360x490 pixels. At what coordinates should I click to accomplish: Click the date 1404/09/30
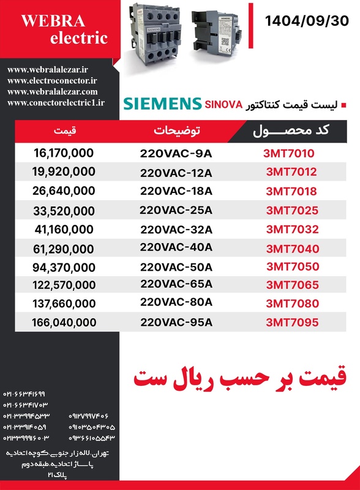click(x=307, y=20)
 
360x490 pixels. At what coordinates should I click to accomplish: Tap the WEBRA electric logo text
click(x=64, y=29)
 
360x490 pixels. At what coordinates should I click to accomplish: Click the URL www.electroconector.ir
click(x=53, y=81)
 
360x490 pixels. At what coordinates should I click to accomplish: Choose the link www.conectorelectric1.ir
click(x=56, y=103)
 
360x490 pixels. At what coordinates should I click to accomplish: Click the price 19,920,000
click(x=64, y=171)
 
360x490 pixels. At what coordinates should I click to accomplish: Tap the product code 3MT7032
click(x=292, y=230)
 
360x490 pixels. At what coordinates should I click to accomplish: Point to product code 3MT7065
click(x=292, y=285)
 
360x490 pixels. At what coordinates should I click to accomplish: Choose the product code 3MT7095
click(x=292, y=322)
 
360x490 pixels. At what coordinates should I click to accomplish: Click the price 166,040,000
click(x=64, y=322)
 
